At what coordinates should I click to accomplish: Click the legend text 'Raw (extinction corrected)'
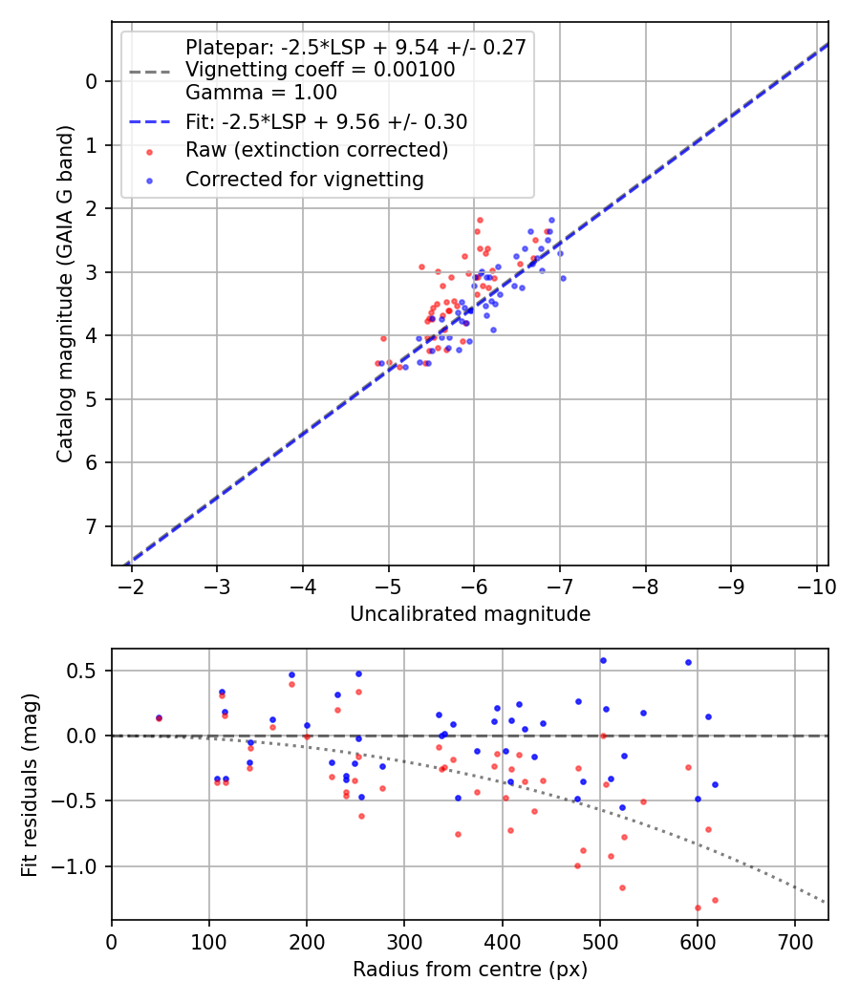316,150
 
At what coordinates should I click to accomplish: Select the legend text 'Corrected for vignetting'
304,179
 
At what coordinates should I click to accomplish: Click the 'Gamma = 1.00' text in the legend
261,93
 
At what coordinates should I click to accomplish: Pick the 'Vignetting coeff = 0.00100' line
320,70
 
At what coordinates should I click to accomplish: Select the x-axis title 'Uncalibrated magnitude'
469,614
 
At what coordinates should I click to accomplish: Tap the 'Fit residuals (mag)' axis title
30,784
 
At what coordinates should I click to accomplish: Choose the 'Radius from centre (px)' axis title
469,970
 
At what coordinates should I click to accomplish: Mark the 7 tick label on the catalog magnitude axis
92,526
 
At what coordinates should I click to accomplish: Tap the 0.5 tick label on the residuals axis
86,671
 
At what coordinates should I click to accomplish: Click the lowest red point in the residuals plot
698,907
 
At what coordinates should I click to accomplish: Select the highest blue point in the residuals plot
603,660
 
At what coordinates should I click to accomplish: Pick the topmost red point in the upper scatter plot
480,220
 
